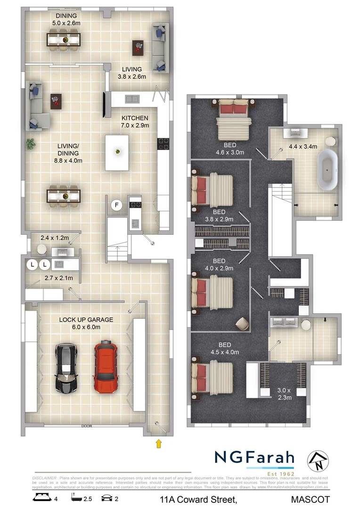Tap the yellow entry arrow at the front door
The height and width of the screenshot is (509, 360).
(x=159, y=443)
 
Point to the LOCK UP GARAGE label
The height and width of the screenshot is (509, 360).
(x=86, y=320)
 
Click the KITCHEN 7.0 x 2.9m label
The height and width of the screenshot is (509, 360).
(x=135, y=122)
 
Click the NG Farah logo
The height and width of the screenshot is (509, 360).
(x=254, y=458)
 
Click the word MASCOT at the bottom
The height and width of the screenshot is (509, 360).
(x=310, y=499)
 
